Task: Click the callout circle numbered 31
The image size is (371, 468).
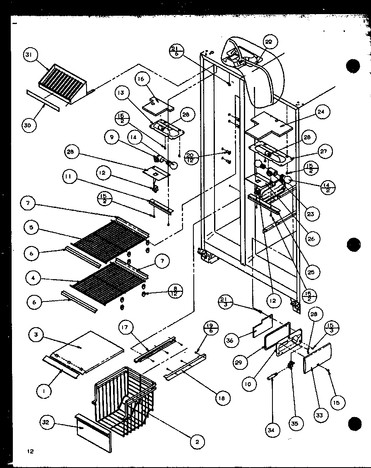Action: click(x=31, y=55)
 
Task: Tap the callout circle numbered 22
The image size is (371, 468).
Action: click(x=270, y=42)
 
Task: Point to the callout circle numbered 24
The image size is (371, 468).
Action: click(x=322, y=112)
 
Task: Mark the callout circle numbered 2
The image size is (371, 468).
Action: click(x=197, y=442)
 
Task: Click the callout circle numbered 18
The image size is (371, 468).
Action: click(x=222, y=398)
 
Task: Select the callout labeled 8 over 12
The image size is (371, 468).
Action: click(x=176, y=292)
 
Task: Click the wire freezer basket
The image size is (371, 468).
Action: click(x=124, y=393)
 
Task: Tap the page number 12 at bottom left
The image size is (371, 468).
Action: click(x=31, y=451)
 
